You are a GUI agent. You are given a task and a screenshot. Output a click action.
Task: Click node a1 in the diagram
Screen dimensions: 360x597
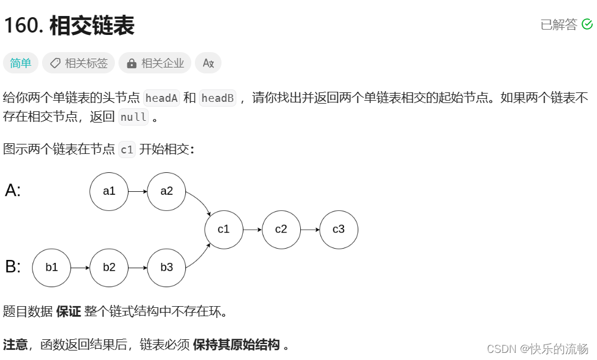click(x=109, y=191)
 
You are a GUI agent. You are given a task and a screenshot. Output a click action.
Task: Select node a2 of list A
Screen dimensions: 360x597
click(x=166, y=191)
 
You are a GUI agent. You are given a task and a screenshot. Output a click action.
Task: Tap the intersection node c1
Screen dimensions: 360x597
click(x=224, y=229)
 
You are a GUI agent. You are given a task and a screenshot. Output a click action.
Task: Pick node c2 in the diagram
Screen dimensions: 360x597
click(x=281, y=229)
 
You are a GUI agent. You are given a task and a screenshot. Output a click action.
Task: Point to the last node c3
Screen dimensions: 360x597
click(x=339, y=229)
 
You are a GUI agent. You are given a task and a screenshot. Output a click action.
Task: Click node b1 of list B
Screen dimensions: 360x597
click(x=52, y=268)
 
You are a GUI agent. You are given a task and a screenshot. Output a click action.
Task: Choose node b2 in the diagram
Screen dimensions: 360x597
click(x=109, y=268)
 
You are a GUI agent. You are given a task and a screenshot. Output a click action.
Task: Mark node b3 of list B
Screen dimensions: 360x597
click(x=166, y=268)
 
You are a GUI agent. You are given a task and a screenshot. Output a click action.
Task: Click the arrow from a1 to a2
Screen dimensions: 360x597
click(x=137, y=191)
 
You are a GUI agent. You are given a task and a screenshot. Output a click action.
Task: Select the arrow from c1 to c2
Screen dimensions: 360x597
click(x=252, y=229)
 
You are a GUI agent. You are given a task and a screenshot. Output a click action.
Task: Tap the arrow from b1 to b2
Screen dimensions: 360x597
click(x=80, y=268)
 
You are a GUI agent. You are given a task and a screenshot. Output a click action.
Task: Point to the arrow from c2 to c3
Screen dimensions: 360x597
click(x=310, y=229)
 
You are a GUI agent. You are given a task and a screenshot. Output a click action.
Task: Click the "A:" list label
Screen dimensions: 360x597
click(x=13, y=191)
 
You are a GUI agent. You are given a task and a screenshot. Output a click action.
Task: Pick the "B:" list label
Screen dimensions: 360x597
click(x=13, y=267)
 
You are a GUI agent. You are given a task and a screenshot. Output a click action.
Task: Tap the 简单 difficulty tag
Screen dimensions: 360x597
click(x=21, y=63)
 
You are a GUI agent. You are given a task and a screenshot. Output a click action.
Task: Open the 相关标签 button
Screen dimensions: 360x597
click(x=79, y=63)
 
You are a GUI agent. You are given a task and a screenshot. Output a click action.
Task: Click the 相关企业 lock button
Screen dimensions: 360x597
click(x=155, y=63)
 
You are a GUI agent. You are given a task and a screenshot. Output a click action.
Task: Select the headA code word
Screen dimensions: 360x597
click(x=162, y=98)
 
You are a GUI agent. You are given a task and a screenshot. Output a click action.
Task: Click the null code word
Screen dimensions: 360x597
click(x=133, y=117)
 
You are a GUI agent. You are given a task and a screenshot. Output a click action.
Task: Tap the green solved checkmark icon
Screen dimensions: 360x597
click(x=588, y=24)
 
